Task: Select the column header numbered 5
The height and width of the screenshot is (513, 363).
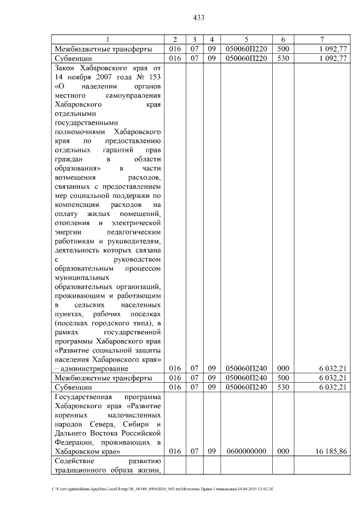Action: pos(246,39)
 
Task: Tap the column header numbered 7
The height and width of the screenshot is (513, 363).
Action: pos(322,39)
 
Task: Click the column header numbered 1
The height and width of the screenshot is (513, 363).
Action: pos(108,39)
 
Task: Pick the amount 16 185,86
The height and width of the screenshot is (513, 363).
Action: pos(329,452)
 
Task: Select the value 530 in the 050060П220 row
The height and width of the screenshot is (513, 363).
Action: pos(283,58)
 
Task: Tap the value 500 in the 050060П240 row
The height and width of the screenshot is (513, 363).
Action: pos(283,378)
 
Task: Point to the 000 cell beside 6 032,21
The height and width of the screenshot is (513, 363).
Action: pos(283,368)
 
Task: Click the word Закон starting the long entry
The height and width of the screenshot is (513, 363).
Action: pos(66,67)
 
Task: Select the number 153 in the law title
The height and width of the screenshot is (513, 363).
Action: pos(155,77)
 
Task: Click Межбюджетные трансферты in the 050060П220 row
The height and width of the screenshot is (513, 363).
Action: pos(103,49)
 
